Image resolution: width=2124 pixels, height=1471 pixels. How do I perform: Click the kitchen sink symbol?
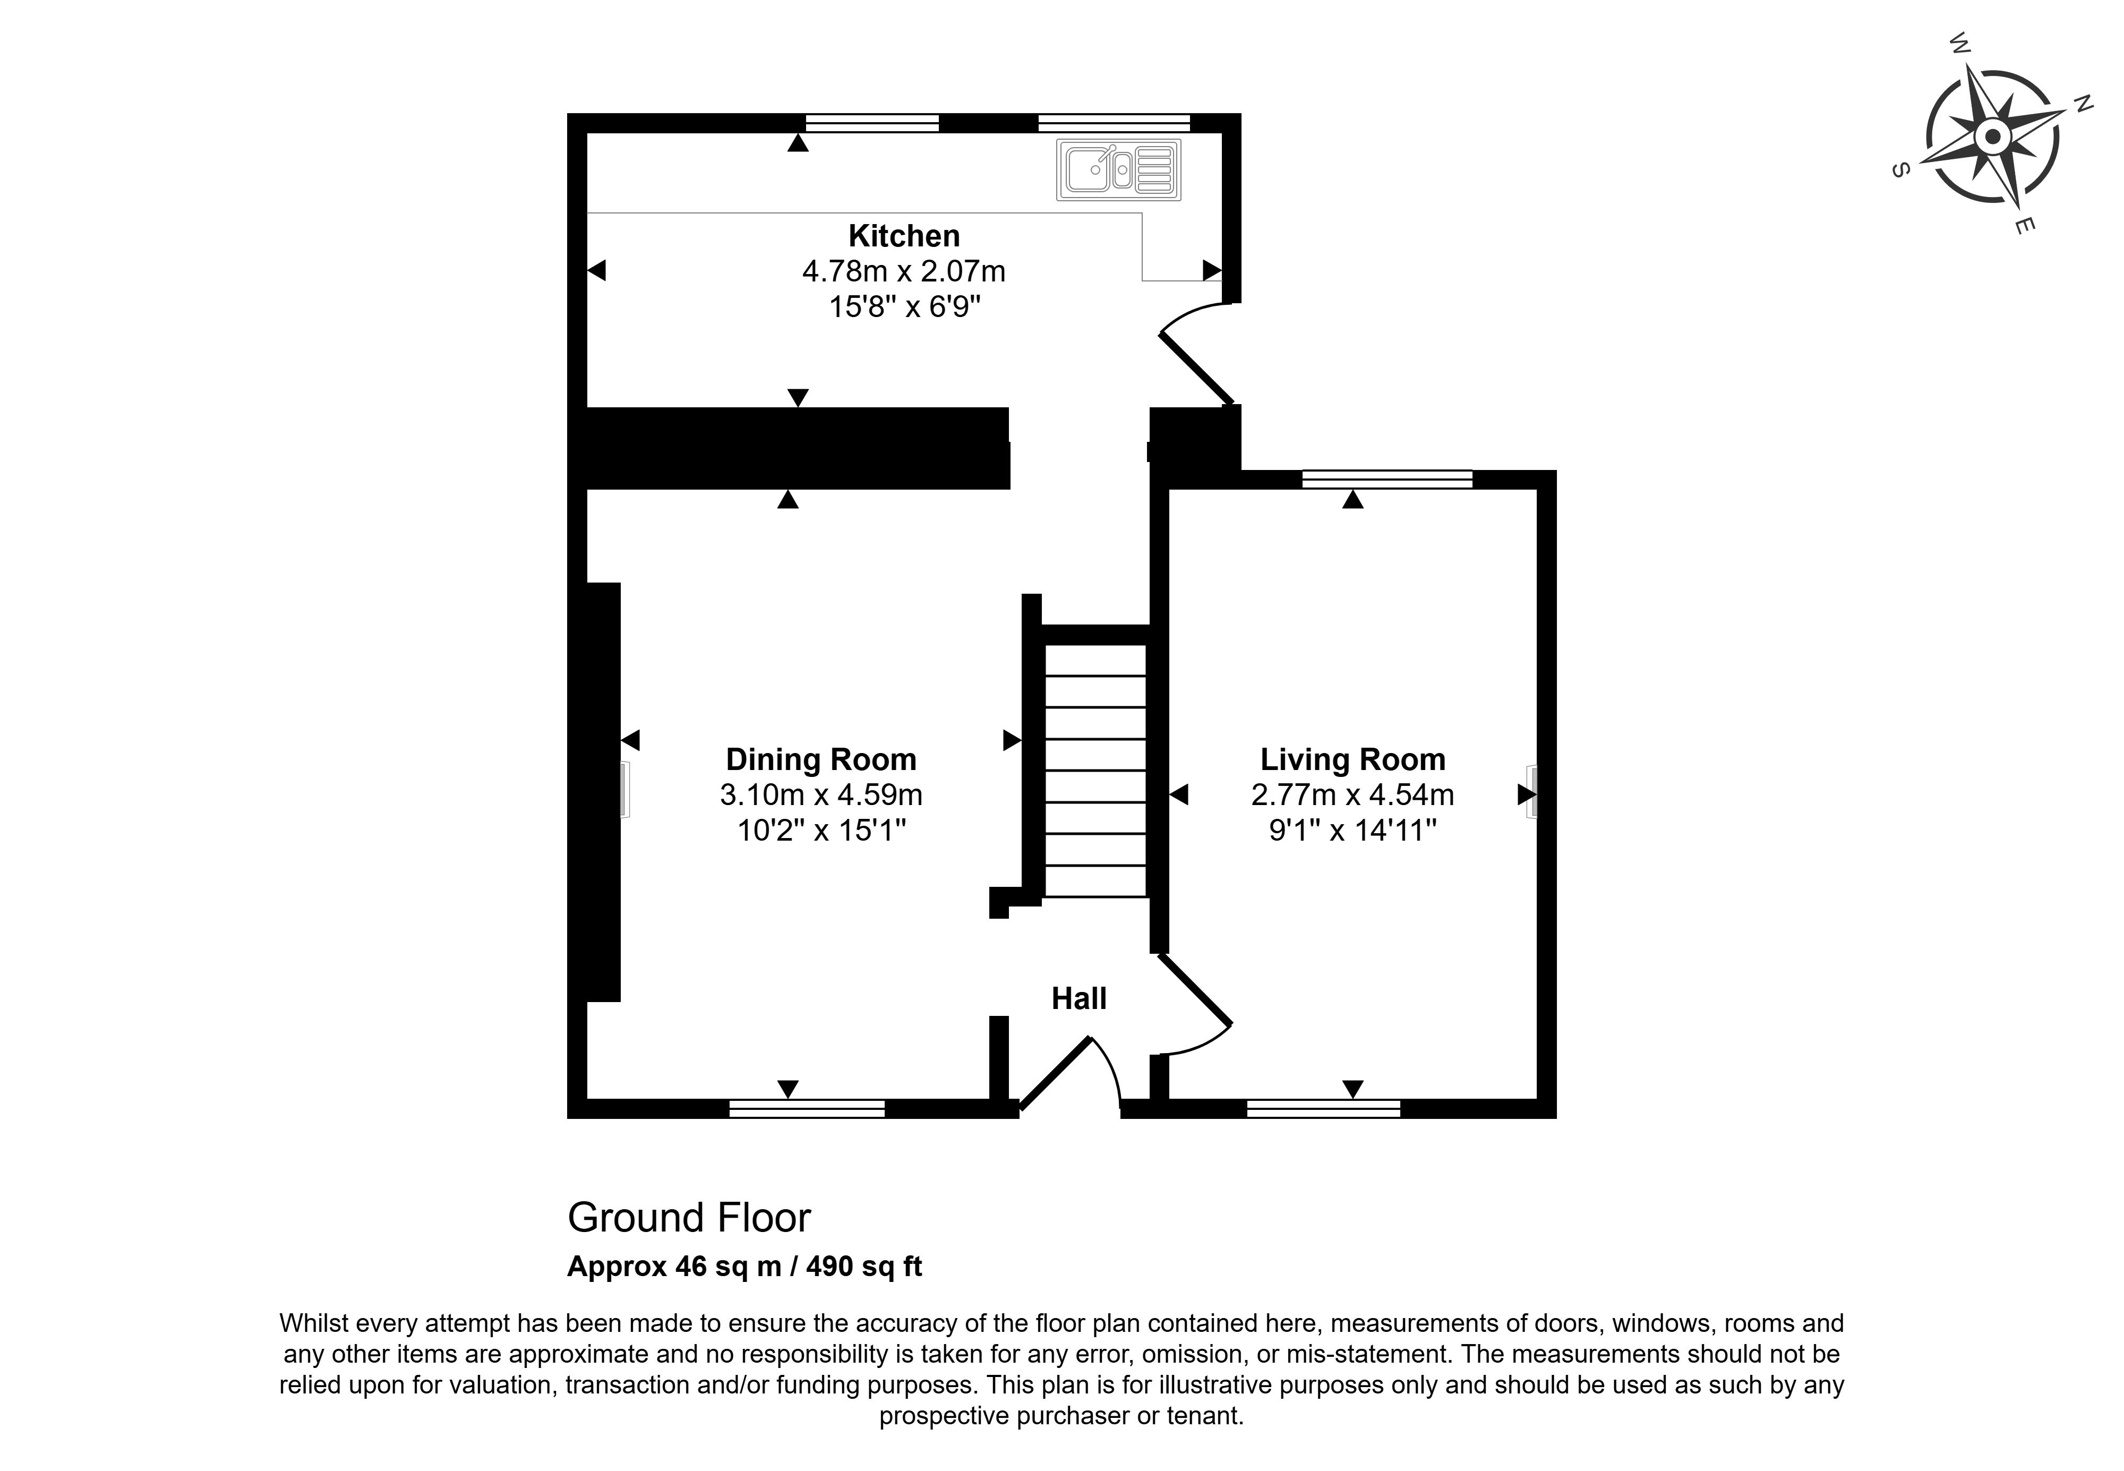1119,169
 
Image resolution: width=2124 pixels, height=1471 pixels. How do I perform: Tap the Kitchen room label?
904,236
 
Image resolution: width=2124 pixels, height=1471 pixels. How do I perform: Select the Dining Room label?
821,759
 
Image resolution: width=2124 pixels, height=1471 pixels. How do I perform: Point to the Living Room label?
1353,759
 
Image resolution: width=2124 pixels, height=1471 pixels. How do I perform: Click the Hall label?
1079,998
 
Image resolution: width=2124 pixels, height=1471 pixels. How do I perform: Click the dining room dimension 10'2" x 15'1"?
821,831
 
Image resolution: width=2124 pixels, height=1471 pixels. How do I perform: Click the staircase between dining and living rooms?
1095,771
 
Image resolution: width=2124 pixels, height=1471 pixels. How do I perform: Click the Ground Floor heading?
689,1218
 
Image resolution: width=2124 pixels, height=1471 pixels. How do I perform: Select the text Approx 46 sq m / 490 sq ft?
744,1267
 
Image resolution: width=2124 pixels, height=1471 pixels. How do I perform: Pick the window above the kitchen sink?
1114,123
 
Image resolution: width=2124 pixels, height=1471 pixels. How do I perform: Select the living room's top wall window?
1387,480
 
